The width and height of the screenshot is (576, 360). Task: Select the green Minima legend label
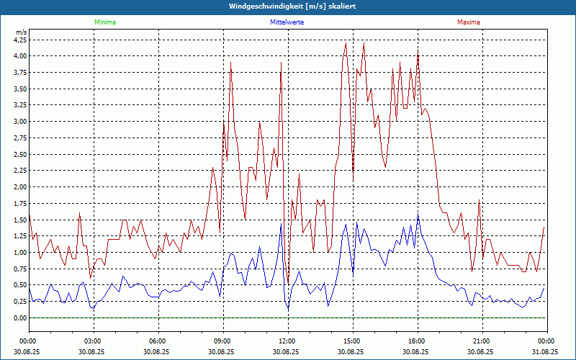(x=105, y=22)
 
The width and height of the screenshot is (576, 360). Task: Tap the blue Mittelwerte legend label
(x=287, y=22)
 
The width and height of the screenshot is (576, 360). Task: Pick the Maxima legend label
(x=468, y=22)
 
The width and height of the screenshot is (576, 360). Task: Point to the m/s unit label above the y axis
(x=21, y=32)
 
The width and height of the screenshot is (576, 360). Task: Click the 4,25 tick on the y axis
(x=20, y=40)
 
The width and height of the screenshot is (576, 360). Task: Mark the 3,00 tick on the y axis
(x=20, y=122)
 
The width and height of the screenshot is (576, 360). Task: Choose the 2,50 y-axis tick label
(x=20, y=155)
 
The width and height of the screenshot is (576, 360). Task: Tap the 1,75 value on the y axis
(x=20, y=204)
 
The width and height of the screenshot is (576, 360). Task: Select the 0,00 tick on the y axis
(x=20, y=318)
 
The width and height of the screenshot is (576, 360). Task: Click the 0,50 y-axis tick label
(x=20, y=286)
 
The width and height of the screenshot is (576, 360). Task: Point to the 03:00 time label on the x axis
(x=94, y=341)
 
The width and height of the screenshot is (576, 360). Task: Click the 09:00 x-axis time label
(x=223, y=341)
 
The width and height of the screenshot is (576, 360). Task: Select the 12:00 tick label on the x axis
(x=288, y=341)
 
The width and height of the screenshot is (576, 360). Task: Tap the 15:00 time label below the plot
(x=353, y=341)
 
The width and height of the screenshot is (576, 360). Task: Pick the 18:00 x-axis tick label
(x=418, y=341)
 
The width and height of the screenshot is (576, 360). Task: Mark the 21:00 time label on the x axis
(x=482, y=341)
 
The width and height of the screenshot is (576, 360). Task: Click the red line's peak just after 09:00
(x=230, y=63)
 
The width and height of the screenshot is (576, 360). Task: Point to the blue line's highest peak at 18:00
(x=418, y=214)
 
